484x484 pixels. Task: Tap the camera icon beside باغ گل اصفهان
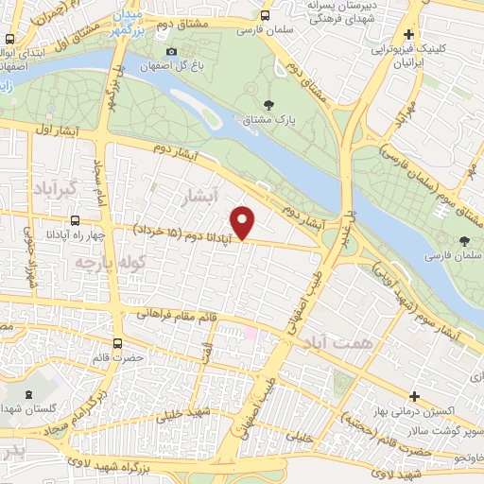pos(171,51)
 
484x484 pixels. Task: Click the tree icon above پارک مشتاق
pos(270,105)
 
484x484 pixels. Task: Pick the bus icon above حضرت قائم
pos(117,343)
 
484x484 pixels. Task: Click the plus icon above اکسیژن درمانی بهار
pos(413,394)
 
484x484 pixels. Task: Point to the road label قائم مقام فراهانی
pos(181,314)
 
